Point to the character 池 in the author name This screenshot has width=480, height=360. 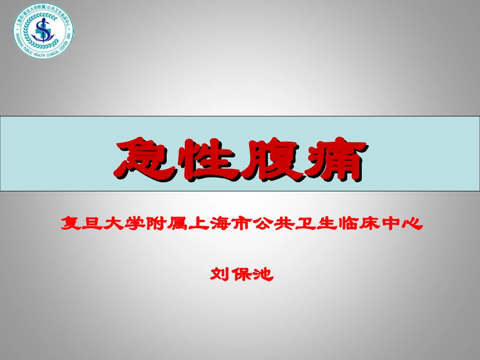[261, 275]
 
